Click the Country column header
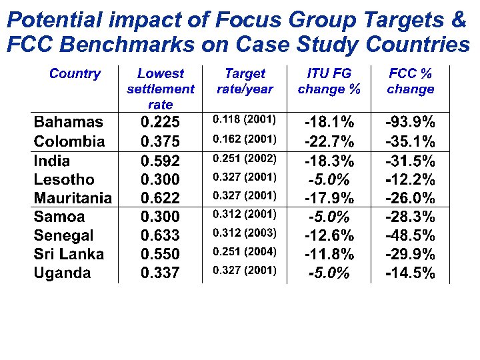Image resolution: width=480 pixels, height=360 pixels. [x=75, y=74]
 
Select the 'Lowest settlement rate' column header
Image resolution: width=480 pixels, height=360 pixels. [x=160, y=89]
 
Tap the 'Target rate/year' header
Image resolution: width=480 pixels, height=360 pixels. [x=245, y=81]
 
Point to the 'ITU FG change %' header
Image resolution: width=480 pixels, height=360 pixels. [x=329, y=81]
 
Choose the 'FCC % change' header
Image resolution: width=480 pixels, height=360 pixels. [x=411, y=81]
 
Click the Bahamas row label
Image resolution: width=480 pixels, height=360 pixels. [x=69, y=122]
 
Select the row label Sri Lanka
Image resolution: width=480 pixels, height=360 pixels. [x=69, y=254]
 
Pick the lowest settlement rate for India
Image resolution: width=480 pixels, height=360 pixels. [x=160, y=161]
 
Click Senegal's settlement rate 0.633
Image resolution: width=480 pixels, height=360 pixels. [x=160, y=235]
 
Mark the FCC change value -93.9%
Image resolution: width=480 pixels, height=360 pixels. [x=411, y=122]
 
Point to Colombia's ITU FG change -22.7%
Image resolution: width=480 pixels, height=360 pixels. [x=329, y=141]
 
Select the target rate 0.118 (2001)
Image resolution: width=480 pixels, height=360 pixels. [x=244, y=120]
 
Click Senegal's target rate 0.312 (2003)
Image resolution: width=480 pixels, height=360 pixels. [x=244, y=233]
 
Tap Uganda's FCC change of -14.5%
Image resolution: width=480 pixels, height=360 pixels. [x=411, y=273]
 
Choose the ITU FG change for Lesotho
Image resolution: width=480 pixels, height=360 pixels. [x=329, y=179]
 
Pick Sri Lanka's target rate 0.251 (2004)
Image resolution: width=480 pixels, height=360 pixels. [x=244, y=251]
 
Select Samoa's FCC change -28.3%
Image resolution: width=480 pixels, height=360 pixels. [x=411, y=217]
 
